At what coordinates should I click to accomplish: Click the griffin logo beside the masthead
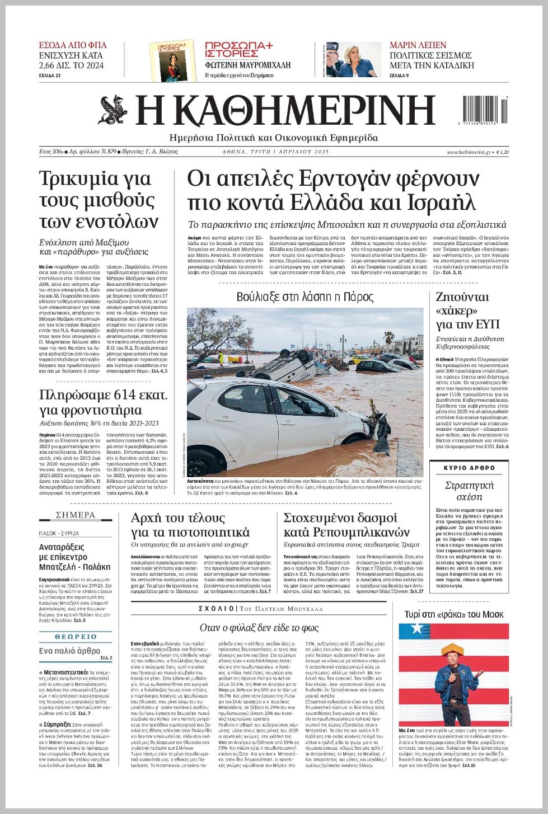click(113, 110)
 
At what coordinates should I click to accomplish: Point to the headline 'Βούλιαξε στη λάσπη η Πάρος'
click(305, 297)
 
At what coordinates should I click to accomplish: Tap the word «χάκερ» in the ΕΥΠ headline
click(456, 310)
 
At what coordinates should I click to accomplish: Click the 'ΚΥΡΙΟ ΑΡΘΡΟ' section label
click(469, 468)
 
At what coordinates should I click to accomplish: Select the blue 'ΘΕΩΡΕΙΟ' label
click(76, 637)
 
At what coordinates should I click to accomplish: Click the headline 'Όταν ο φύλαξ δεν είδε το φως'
click(259, 628)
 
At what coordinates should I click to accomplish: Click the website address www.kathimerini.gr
click(469, 152)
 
